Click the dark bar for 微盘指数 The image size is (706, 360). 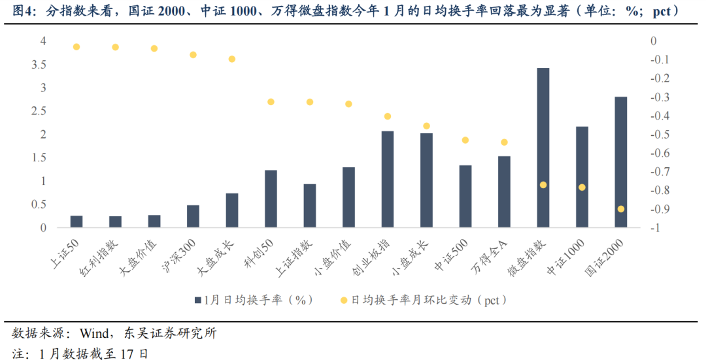pyautogui.click(x=543, y=148)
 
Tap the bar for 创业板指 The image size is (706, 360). pyautogui.click(x=388, y=179)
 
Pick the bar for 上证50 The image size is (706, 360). pyautogui.click(x=76, y=221)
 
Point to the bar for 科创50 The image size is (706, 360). pyautogui.click(x=271, y=199)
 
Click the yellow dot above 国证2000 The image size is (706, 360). pyautogui.click(x=620, y=209)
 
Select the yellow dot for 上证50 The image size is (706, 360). pyautogui.click(x=76, y=47)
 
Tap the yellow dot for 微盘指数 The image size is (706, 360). pyautogui.click(x=543, y=185)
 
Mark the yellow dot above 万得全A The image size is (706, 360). pyautogui.click(x=504, y=142)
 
